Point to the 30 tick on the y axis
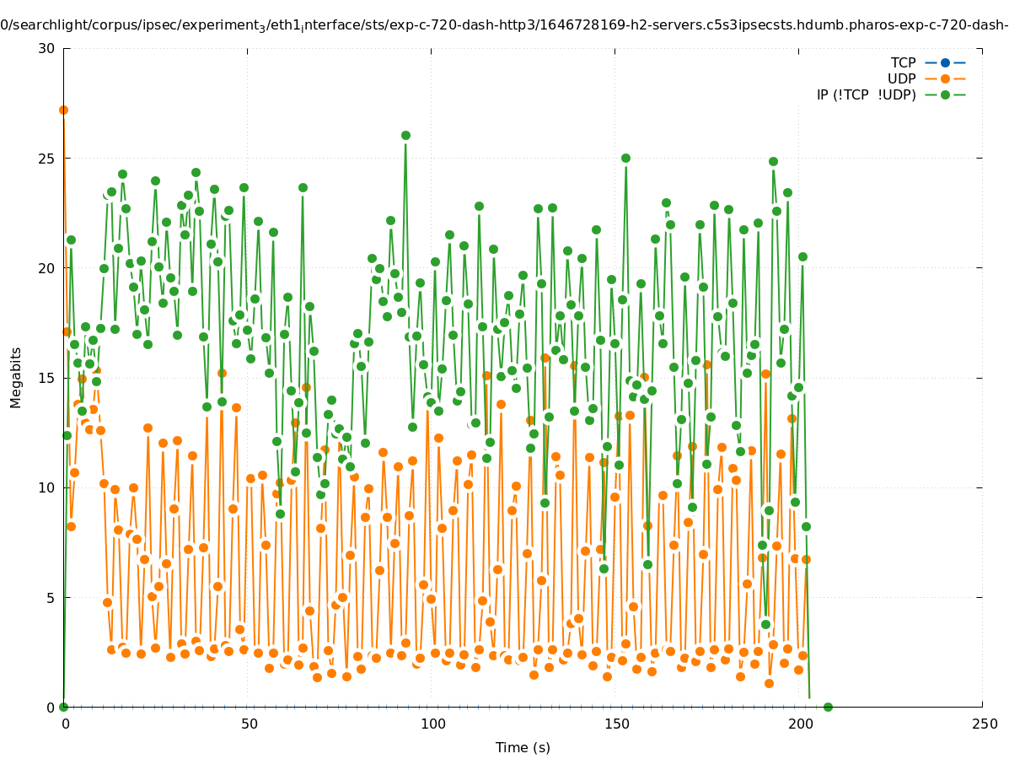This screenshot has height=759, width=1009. click(47, 48)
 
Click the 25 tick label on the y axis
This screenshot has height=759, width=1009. click(47, 159)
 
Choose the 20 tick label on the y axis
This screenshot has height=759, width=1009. click(47, 268)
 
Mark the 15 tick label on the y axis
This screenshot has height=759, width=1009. click(47, 378)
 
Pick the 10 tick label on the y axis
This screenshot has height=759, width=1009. click(47, 487)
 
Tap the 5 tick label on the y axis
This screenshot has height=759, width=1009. click(51, 598)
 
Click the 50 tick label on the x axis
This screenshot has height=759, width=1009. click(248, 724)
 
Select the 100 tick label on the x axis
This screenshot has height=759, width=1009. click(432, 724)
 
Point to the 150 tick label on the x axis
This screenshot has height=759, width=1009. click(615, 724)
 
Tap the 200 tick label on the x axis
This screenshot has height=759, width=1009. click(799, 724)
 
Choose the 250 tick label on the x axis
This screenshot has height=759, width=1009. click(983, 724)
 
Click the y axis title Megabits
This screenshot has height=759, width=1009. click(17, 377)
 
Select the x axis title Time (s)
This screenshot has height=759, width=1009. click(523, 747)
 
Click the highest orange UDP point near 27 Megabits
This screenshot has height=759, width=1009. click(63, 110)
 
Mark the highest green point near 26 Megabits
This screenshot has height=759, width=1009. click(405, 135)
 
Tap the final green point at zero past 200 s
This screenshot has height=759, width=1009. click(828, 707)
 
